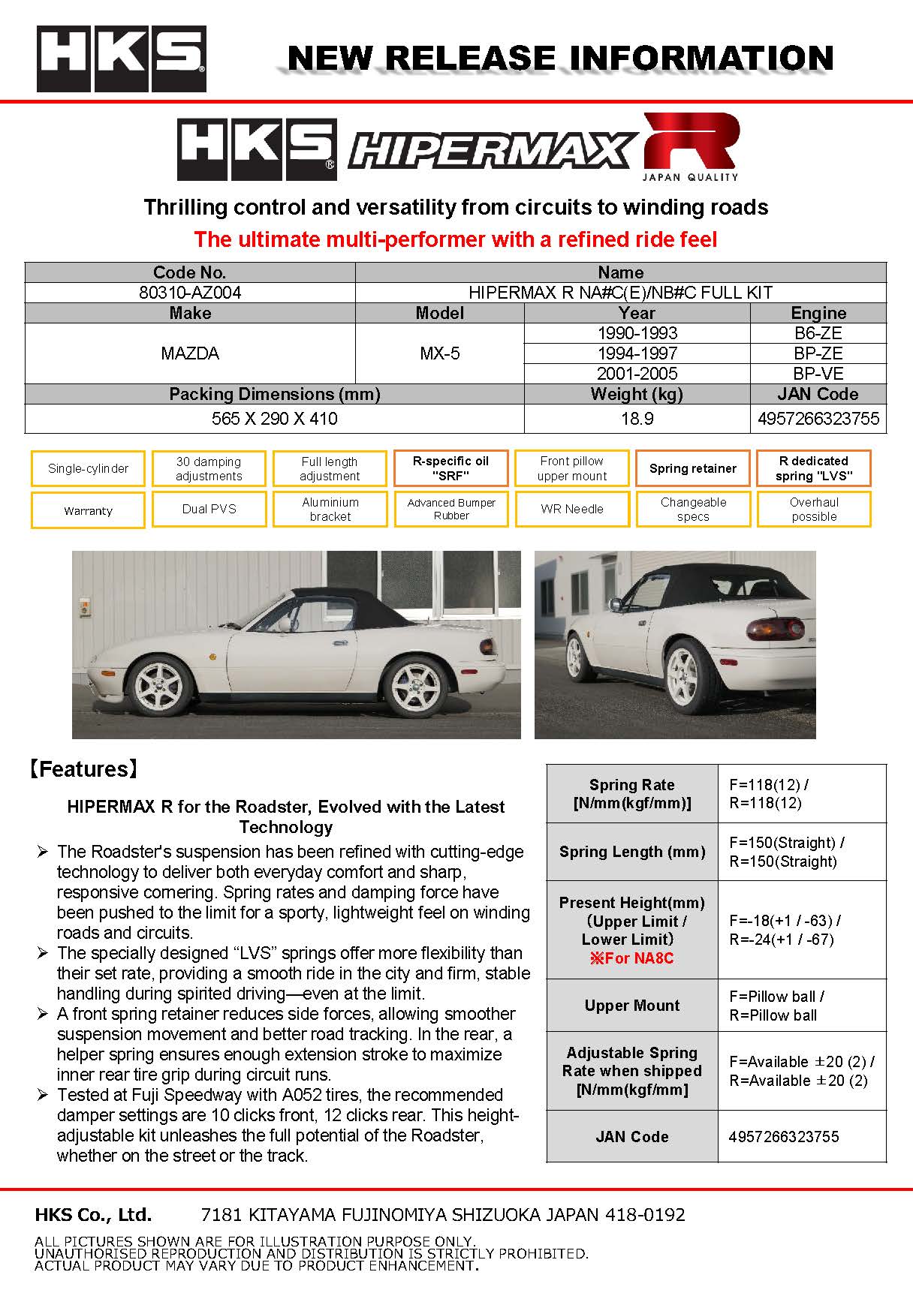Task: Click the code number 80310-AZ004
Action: pos(190,293)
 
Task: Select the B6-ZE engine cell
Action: pos(818,333)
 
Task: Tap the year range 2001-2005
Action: pos(637,374)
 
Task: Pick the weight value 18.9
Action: pos(637,419)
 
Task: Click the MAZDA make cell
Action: pos(190,353)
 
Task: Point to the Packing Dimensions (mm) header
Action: pos(274,394)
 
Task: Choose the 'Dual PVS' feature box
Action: pos(209,509)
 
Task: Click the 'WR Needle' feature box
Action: pos(571,509)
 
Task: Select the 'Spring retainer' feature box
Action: pos(692,468)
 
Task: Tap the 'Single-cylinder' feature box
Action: pos(88,468)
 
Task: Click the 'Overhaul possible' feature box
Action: pos(813,509)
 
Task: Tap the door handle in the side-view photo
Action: pos(339,642)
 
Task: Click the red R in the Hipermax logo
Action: pos(691,143)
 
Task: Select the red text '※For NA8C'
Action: pos(631,958)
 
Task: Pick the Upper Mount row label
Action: pos(631,1006)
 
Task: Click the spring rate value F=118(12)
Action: pos(768,785)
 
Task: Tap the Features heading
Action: pos(83,768)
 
